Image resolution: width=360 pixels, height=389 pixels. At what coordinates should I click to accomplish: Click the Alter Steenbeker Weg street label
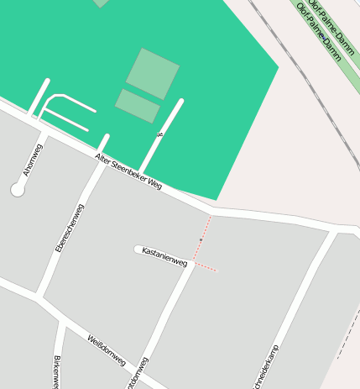click(x=128, y=172)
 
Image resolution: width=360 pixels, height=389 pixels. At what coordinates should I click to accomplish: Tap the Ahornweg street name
click(x=33, y=160)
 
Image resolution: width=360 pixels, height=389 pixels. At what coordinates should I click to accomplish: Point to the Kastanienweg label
click(x=164, y=256)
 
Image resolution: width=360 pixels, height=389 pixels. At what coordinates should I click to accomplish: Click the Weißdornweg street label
click(x=107, y=350)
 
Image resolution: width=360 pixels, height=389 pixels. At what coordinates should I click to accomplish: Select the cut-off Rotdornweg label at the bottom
click(x=138, y=374)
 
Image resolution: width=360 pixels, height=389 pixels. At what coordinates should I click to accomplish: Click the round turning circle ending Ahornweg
click(x=18, y=190)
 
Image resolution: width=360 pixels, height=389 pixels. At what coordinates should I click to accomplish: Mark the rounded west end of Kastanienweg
click(x=138, y=249)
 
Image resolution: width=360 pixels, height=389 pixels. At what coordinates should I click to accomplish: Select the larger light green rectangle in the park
click(x=153, y=73)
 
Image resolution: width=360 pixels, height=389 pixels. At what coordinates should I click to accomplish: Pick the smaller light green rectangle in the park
click(x=138, y=106)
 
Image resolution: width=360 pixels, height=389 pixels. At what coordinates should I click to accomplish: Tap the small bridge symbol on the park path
click(x=159, y=134)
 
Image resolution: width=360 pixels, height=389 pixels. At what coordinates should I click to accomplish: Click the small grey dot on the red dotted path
click(x=201, y=241)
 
